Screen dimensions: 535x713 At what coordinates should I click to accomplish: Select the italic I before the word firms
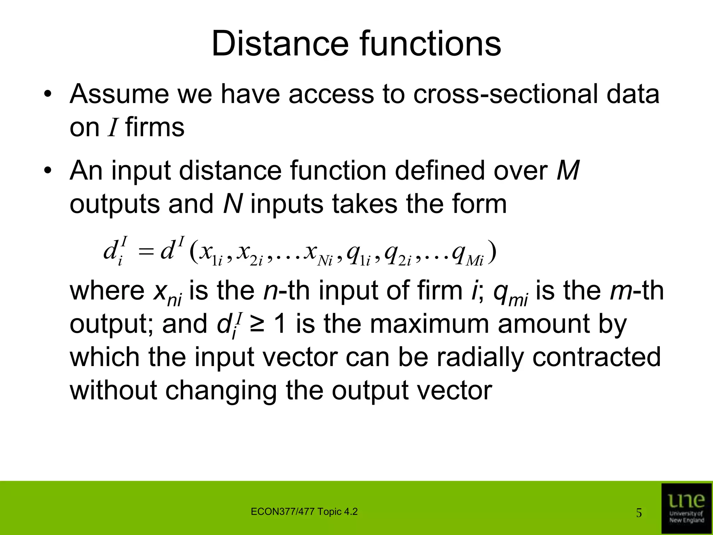click(x=112, y=127)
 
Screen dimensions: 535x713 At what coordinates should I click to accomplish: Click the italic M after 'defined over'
click(x=567, y=171)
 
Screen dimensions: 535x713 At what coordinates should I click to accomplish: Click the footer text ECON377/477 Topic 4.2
click(x=304, y=512)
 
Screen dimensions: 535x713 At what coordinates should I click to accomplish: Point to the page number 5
click(x=639, y=513)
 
